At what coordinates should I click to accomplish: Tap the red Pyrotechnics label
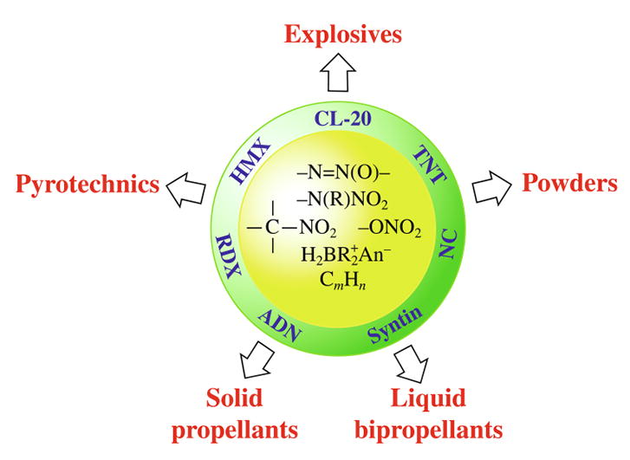click(88, 184)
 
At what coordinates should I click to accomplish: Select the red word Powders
click(569, 182)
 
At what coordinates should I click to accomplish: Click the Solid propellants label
click(252, 413)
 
